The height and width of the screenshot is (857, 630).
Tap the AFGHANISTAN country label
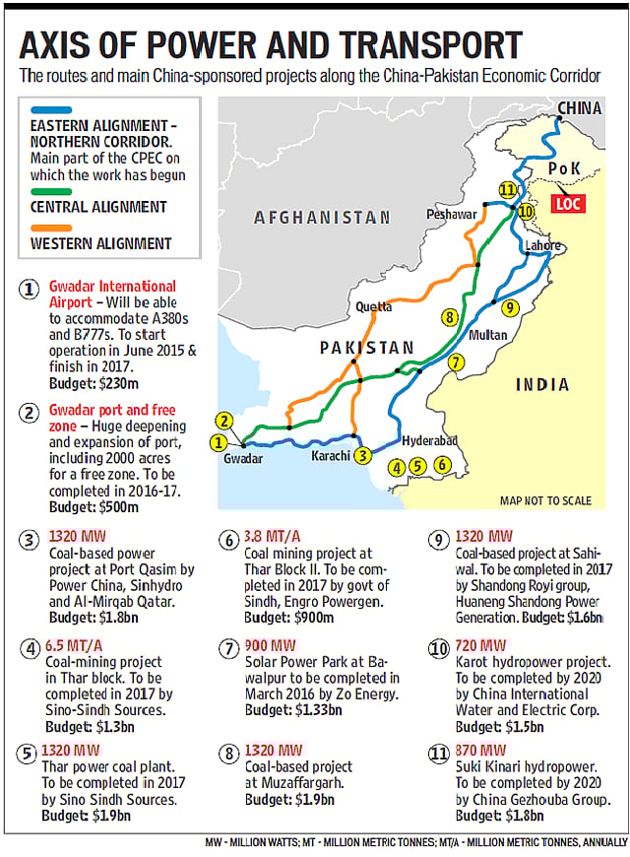click(322, 217)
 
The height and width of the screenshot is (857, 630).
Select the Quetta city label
click(373, 306)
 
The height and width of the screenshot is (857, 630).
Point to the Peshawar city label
click(452, 214)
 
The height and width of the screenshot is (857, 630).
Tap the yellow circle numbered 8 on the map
click(449, 317)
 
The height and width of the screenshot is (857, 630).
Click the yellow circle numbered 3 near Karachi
click(363, 455)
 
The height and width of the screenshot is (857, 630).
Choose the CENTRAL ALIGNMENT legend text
click(98, 207)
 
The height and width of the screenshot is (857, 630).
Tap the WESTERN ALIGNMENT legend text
click(101, 242)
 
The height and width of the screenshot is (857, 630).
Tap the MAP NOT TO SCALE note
click(545, 500)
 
